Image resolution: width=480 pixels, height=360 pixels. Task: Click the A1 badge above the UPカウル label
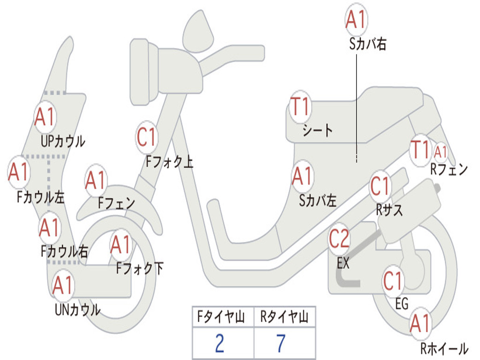pos(45,117)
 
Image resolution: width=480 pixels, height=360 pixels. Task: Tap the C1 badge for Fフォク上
pos(147,137)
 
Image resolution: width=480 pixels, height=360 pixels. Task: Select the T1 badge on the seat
pos(300,107)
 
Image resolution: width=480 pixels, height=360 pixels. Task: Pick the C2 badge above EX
pos(339,239)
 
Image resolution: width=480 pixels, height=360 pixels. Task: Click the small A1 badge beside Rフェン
pos(441,152)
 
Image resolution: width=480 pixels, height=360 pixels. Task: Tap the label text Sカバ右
pos(368,44)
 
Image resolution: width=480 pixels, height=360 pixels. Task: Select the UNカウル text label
pos(78,309)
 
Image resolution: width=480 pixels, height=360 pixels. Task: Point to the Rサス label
pos(390,210)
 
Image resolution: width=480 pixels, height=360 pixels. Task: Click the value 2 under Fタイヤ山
pos(219,344)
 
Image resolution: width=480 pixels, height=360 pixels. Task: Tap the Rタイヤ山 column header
pos(285,317)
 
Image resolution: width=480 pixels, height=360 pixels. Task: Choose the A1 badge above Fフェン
pos(96,180)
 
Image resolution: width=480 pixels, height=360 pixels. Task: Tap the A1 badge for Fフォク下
pos(121,244)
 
